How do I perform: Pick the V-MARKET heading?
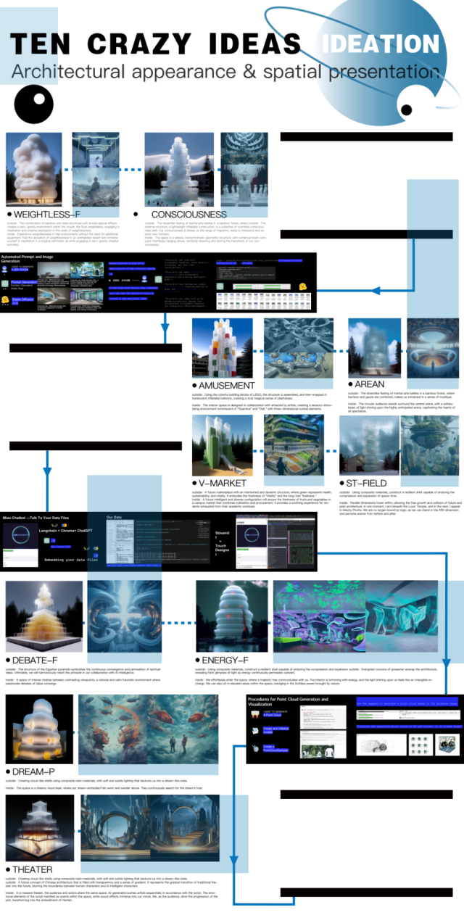point(223,483)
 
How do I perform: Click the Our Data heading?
point(117,518)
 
